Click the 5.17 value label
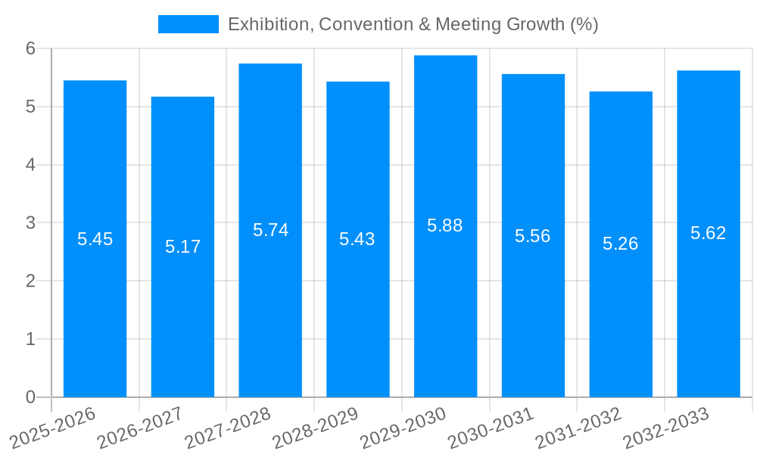click(x=182, y=247)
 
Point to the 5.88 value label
click(x=445, y=225)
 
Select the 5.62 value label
click(x=708, y=233)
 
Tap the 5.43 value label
click(x=357, y=239)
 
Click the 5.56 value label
click(x=533, y=236)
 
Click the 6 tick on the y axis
click(x=30, y=48)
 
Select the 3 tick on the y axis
click(x=30, y=223)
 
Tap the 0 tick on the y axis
click(x=30, y=397)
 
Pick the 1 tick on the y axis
click(x=30, y=339)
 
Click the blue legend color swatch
click(x=188, y=24)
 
